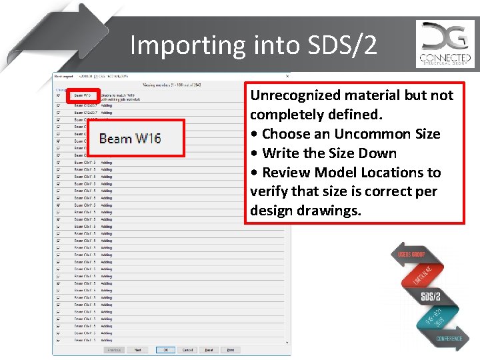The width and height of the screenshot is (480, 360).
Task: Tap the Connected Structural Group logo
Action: [445, 44]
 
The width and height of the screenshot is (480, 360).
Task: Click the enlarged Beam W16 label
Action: [130, 139]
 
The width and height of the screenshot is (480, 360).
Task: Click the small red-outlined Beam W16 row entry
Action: [83, 95]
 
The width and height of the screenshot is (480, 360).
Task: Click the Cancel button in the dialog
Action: [187, 349]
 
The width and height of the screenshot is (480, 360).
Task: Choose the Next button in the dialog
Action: [137, 349]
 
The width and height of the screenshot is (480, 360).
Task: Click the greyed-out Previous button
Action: [114, 349]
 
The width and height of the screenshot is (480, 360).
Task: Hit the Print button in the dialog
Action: [230, 349]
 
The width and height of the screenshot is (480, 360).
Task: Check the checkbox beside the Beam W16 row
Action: [59, 95]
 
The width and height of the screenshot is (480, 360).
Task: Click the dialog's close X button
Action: [287, 76]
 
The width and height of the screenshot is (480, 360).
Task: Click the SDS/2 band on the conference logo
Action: [431, 296]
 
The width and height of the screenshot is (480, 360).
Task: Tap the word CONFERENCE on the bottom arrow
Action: [449, 339]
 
